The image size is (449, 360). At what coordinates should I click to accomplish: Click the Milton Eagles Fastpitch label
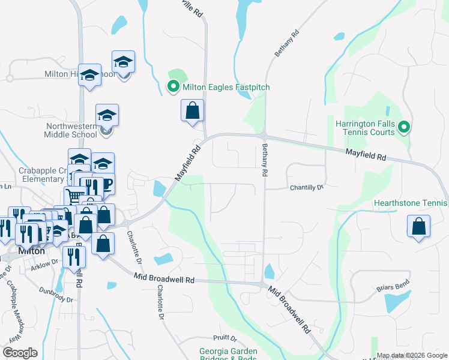(x=226, y=88)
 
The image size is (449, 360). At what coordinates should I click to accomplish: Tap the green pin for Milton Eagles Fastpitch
(x=173, y=88)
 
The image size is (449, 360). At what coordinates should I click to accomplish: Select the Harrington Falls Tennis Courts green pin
(x=404, y=127)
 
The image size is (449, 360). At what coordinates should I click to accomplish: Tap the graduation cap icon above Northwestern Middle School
(x=107, y=115)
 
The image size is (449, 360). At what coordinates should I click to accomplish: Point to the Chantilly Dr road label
(x=307, y=188)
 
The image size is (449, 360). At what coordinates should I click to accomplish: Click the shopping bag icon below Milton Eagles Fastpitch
(x=192, y=111)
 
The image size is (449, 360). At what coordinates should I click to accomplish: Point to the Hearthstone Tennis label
(x=411, y=203)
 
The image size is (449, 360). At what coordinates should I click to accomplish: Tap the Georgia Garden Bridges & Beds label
(x=228, y=355)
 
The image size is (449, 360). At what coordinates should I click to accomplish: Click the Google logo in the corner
(x=20, y=353)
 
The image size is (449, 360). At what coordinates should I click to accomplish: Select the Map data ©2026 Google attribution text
(x=412, y=355)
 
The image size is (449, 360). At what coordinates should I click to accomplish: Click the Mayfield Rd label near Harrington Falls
(x=364, y=155)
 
